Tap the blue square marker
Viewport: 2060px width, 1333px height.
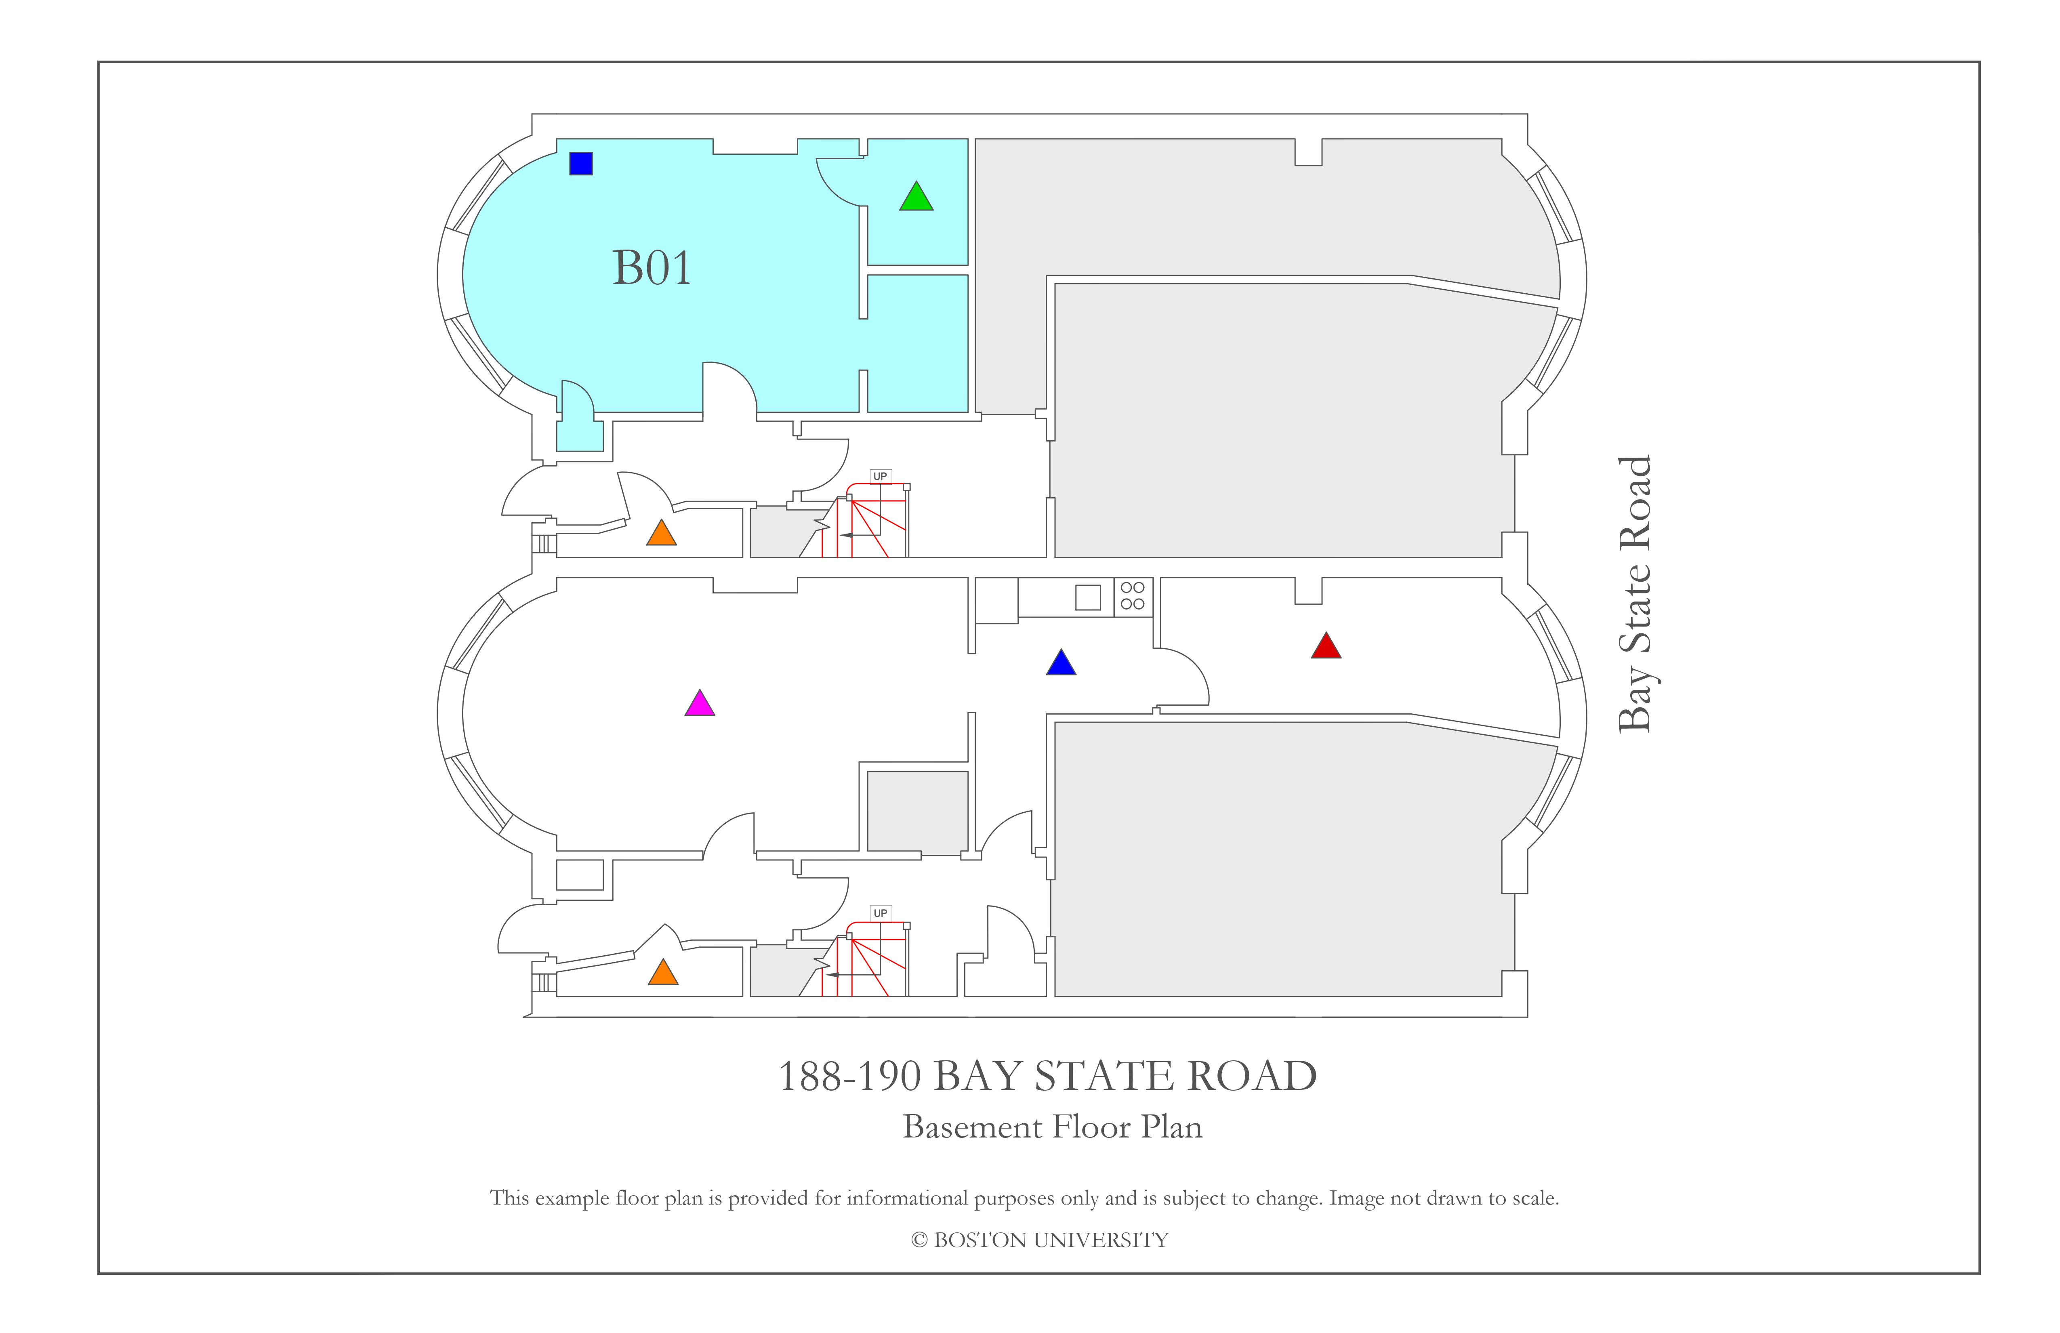[x=581, y=164]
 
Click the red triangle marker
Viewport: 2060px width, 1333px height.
[x=1326, y=646]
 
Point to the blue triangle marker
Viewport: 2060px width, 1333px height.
[x=1061, y=663]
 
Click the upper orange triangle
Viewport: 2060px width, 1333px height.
[x=661, y=533]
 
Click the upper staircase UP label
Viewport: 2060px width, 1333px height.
[x=880, y=476]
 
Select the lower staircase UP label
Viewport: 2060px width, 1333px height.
[x=880, y=913]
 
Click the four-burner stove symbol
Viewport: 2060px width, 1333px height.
[x=1133, y=596]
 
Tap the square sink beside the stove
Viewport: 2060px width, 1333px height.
[x=1088, y=597]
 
